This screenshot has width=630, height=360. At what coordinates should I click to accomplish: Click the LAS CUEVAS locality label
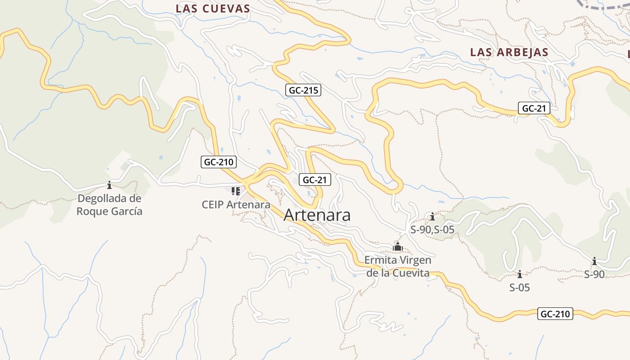pos(212,9)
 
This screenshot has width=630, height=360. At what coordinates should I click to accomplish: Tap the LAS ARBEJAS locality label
pos(509,52)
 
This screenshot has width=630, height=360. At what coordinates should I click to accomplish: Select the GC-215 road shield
pos(303,90)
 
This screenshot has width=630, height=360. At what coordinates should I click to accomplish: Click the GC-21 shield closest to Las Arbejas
pos(534,108)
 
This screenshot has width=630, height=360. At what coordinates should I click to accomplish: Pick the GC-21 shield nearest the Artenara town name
pos(314,180)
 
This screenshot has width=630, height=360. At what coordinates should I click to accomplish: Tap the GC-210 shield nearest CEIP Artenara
pos(218,162)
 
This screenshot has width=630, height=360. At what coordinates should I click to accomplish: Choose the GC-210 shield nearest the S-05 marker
pos(555,314)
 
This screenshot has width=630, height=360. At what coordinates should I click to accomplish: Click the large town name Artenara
pos(317,215)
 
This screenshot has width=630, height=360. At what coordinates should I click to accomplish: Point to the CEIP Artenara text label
pos(236,204)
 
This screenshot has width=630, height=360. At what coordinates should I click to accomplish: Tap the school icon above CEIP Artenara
pos(235,191)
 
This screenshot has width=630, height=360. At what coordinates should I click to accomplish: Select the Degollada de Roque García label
pos(109,205)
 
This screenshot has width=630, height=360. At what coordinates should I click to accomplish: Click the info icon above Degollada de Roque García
pos(109,185)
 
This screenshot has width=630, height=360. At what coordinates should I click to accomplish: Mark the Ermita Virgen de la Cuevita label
pos(398,266)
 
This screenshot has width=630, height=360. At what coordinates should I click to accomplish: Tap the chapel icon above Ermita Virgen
pos(398,247)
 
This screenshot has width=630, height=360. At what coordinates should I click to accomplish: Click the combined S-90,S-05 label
pos(432,230)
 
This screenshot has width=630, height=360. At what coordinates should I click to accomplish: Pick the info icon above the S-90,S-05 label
pos(432,217)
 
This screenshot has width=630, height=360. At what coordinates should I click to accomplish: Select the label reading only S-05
pos(519,287)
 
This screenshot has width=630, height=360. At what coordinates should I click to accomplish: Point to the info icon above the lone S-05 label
pos(520,274)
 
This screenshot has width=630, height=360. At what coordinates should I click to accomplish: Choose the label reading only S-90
pos(594,274)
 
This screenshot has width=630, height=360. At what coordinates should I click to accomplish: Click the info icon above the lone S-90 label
pos(594,261)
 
